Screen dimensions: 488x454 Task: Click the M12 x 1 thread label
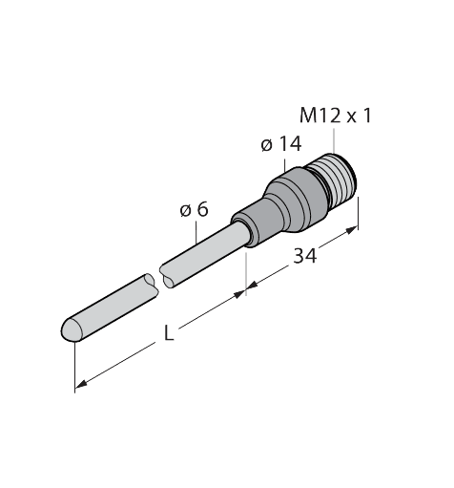click(336, 116)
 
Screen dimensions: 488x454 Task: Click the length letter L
click(170, 336)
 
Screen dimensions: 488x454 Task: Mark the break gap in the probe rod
click(157, 279)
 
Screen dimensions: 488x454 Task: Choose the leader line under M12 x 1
click(336, 138)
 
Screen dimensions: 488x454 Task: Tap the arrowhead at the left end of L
click(80, 386)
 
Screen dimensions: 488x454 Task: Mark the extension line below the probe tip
click(73, 368)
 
